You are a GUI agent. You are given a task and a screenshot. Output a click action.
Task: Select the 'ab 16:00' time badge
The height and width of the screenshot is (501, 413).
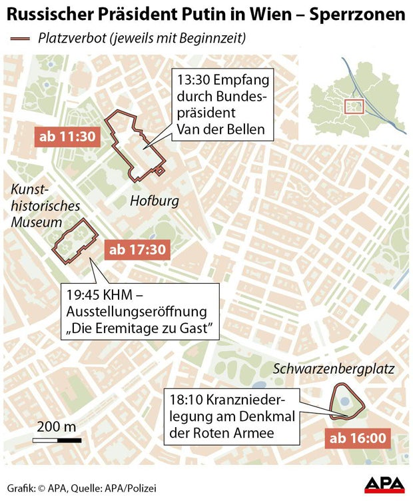pyautogui.click(x=358, y=438)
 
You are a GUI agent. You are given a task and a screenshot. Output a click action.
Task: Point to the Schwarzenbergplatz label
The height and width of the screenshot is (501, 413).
pyautogui.click(x=334, y=368)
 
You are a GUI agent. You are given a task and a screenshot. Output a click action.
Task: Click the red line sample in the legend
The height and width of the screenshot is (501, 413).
pyautogui.click(x=23, y=39)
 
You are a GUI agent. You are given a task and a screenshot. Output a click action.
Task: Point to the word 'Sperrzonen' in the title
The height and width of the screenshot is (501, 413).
pyautogui.click(x=364, y=14)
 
